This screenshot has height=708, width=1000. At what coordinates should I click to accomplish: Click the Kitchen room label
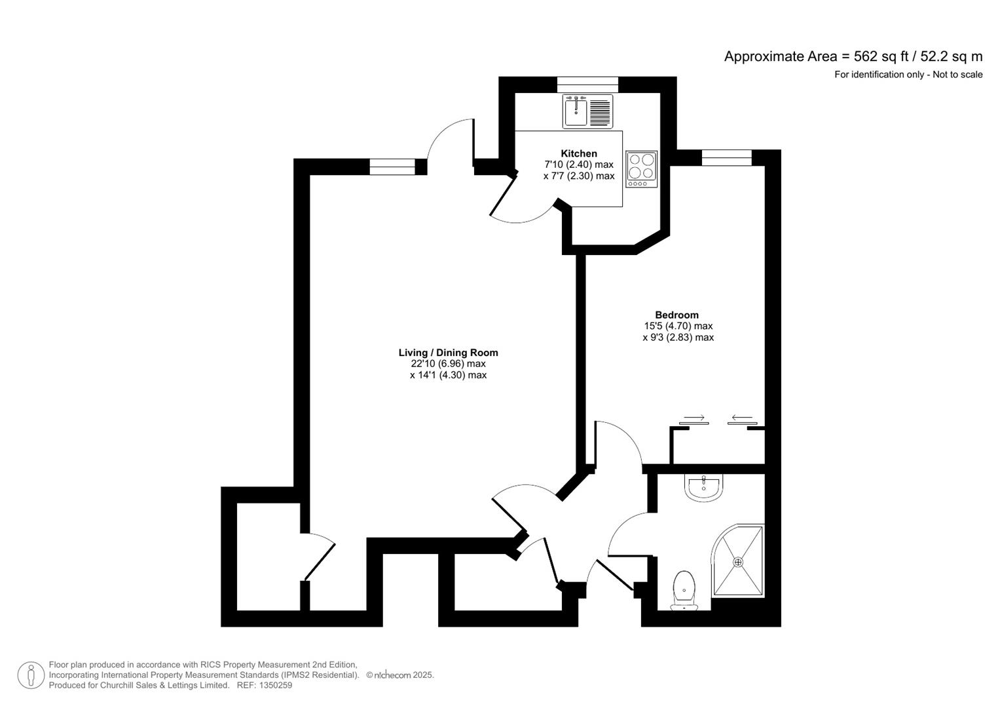tap(579, 153)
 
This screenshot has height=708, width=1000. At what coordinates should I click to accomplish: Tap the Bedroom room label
tap(676, 315)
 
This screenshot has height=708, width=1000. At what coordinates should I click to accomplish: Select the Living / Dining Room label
tap(448, 353)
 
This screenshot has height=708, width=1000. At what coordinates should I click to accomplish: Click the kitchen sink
tap(576, 111)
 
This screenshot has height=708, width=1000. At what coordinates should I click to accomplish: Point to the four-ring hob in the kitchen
tap(642, 168)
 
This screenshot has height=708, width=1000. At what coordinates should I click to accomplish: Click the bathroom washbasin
tap(703, 487)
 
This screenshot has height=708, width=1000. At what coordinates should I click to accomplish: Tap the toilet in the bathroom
tap(684, 589)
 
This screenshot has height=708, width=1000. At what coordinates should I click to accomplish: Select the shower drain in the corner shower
tap(738, 562)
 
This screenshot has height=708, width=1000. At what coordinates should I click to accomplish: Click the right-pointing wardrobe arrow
tap(694, 418)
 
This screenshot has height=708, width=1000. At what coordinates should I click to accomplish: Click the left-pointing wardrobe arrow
tap(742, 418)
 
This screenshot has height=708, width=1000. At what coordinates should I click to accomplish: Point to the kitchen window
tap(587, 84)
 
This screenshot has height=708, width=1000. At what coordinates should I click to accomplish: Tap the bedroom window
tap(726, 157)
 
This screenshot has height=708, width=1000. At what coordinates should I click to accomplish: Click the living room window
tap(392, 167)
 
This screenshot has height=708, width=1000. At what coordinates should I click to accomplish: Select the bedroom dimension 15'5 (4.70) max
tap(678, 326)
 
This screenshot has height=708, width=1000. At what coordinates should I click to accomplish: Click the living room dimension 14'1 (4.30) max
tap(448, 375)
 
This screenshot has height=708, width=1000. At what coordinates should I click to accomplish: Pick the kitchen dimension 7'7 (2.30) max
tap(579, 176)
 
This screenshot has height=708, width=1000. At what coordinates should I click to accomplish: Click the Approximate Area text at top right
tap(853, 56)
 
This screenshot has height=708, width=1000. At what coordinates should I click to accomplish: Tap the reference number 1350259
tap(275, 685)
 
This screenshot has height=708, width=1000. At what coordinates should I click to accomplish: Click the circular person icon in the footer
tap(31, 675)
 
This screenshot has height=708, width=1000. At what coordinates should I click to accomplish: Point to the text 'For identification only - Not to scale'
tap(908, 75)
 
